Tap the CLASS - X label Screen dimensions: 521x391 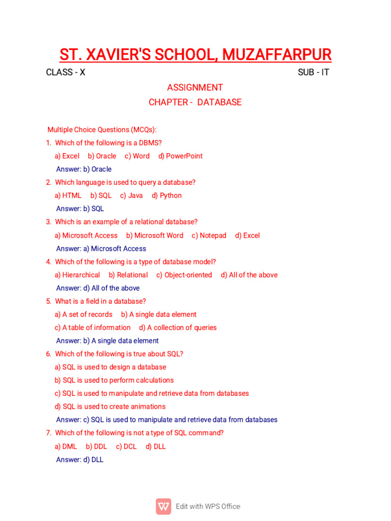[66, 72]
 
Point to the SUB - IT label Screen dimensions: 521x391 [314, 72]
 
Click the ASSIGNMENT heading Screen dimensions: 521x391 [195, 88]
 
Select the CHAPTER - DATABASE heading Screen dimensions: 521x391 [195, 102]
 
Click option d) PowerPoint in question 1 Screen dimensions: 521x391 [180, 156]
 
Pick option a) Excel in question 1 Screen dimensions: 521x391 [67, 156]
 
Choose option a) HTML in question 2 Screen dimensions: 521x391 [68, 195]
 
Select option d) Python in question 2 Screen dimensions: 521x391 [166, 195]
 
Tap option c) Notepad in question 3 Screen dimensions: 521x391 [209, 236]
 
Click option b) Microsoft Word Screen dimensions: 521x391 [155, 236]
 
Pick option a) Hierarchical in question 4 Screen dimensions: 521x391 [77, 275]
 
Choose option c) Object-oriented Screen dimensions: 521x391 [184, 275]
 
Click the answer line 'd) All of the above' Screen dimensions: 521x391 [98, 288]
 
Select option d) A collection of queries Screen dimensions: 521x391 [178, 328]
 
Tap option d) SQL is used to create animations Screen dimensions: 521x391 [110, 407]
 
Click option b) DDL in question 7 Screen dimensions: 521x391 [96, 446]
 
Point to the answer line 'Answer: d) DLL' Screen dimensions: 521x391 [79, 459]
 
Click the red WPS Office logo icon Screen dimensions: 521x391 [163, 506]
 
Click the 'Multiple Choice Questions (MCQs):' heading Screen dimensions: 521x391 [102, 130]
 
